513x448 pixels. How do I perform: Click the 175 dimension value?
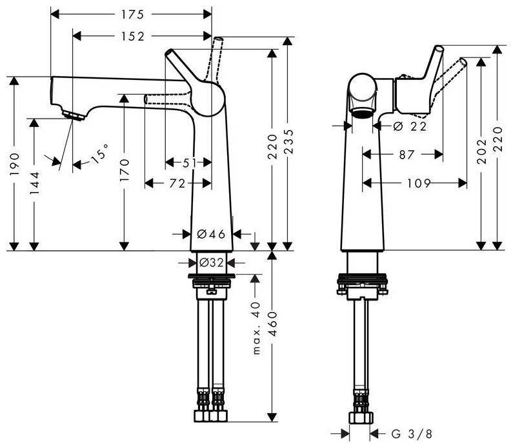coord(132,14)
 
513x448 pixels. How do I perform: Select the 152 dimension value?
coord(132,36)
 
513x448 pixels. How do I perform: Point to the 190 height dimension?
coord(15,163)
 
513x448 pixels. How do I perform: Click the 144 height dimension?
coord(34,183)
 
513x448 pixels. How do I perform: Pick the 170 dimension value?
coord(125,170)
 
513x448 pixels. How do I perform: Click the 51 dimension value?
coord(189,162)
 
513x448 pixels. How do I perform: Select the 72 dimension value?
coord(177,183)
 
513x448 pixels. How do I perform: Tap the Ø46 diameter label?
coord(212,234)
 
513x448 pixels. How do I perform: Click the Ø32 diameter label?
coord(212,262)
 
